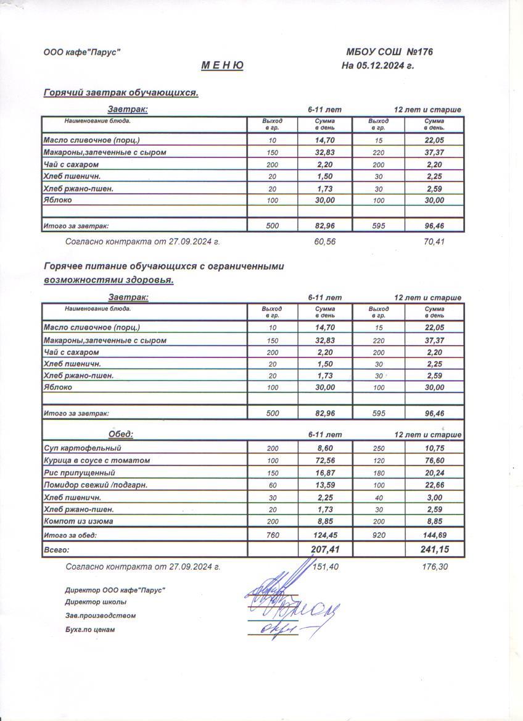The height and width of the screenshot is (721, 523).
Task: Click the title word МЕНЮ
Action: click(x=222, y=66)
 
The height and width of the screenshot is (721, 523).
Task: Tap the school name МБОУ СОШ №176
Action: click(x=389, y=52)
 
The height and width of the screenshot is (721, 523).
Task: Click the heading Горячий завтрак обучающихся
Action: click(x=121, y=93)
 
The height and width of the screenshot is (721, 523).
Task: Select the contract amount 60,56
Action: click(x=324, y=241)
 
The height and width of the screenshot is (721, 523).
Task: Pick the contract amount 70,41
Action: click(x=434, y=241)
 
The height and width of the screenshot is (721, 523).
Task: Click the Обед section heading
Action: click(x=121, y=434)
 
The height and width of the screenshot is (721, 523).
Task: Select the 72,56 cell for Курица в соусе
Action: click(x=324, y=461)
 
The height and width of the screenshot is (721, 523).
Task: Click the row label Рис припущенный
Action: click(x=77, y=473)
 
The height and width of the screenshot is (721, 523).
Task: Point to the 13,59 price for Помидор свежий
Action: click(x=324, y=485)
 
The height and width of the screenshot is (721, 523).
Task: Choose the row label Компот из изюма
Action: click(x=78, y=522)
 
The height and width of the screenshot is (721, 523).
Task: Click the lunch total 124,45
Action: click(x=324, y=535)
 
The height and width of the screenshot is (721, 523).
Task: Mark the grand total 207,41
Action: click(x=324, y=549)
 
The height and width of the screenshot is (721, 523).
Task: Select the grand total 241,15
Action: click(x=434, y=549)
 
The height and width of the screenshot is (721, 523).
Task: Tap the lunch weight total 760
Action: click(x=272, y=535)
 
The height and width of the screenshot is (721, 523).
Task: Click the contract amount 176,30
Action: click(x=434, y=566)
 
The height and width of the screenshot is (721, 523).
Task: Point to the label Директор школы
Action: click(x=96, y=602)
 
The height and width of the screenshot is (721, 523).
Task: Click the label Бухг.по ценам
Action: click(x=90, y=630)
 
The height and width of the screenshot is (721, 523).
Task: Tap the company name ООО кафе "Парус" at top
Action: click(x=81, y=52)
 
